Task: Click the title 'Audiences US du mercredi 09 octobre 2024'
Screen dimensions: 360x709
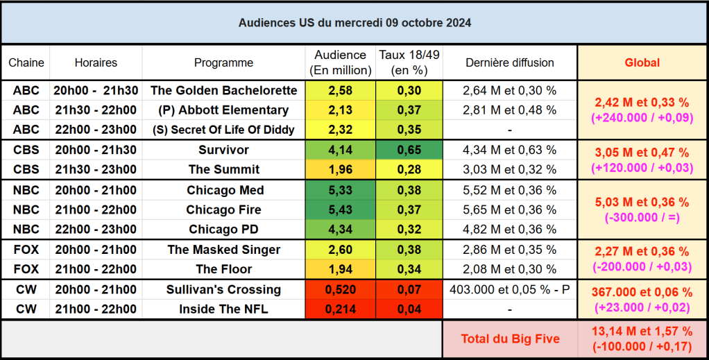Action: [x=354, y=22]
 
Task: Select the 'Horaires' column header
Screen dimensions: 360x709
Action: [x=96, y=62]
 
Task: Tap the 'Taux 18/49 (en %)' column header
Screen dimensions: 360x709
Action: [x=409, y=62]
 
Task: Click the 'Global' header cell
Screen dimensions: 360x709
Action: [x=642, y=62]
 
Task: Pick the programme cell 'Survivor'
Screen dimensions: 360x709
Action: [x=223, y=150]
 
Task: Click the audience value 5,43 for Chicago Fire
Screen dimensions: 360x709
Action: [x=340, y=209]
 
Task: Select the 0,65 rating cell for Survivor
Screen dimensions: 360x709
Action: [x=409, y=150]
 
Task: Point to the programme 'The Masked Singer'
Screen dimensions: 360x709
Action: [x=223, y=250]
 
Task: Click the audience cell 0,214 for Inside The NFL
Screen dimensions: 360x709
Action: [x=340, y=309]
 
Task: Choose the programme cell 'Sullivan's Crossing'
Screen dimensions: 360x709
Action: [x=223, y=289]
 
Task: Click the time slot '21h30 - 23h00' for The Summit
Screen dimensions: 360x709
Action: [x=96, y=169]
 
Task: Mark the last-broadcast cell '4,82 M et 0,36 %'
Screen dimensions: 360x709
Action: [x=509, y=229]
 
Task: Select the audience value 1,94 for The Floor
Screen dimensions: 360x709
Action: [x=340, y=269]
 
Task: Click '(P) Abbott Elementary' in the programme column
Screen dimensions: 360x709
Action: [x=223, y=110]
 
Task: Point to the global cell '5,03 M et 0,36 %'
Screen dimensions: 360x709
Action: [x=642, y=202]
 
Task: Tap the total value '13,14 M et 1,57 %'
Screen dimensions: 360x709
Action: [x=642, y=332]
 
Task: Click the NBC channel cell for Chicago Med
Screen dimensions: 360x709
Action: [x=26, y=190]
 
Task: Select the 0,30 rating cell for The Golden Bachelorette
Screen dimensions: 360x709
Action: [x=409, y=90]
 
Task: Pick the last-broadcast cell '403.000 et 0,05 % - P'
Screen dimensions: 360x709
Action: [x=509, y=289]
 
